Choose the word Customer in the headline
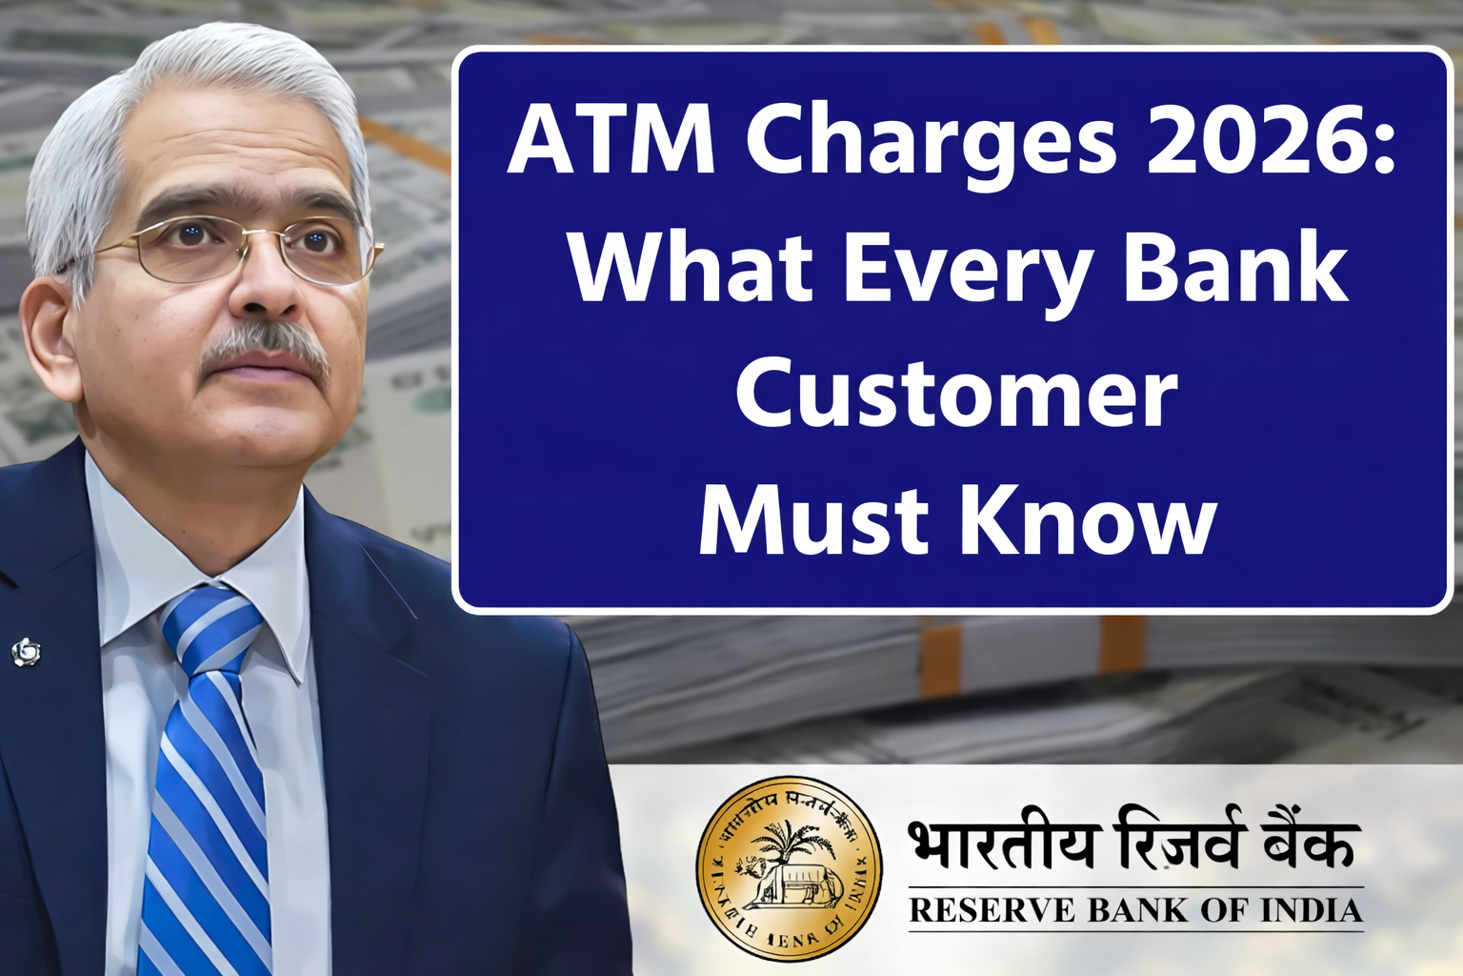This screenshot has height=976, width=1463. pyautogui.click(x=956, y=395)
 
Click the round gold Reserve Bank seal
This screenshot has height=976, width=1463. pyautogui.click(x=789, y=867)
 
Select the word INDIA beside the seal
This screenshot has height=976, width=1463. pyautogui.click(x=1312, y=911)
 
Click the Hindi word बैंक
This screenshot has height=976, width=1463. pyautogui.click(x=1305, y=844)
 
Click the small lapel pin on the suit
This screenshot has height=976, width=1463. pyautogui.click(x=26, y=652)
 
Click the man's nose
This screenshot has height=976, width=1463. pyautogui.click(x=263, y=286)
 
